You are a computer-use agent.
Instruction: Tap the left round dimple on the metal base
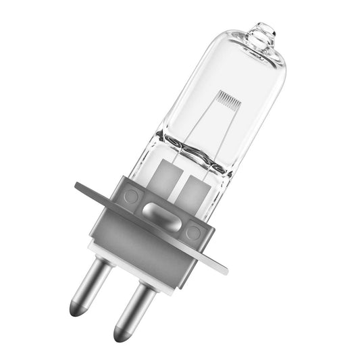132,197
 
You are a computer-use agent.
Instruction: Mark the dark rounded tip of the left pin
78,309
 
